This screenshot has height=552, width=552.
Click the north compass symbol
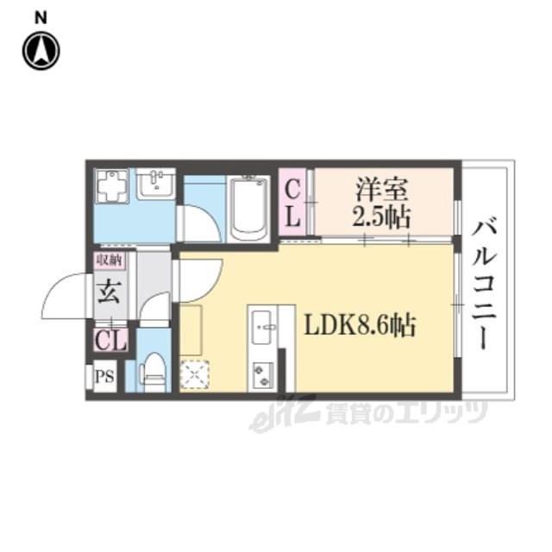pos(41,51)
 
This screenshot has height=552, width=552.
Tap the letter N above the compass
pos(41,17)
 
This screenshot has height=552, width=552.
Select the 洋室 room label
pos(381,191)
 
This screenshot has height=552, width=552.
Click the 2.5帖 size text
pos(381,217)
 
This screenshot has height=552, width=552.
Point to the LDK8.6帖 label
pos(360,324)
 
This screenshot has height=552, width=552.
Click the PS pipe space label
pos(105,377)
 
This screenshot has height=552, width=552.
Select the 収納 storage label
pos(110,260)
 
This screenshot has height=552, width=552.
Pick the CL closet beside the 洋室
pos(292,204)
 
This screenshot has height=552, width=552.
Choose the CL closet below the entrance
pos(111,340)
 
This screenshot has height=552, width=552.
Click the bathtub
pos(248,209)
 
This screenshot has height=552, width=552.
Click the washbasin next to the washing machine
pos(155,184)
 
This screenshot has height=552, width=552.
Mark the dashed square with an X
pos(194,374)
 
